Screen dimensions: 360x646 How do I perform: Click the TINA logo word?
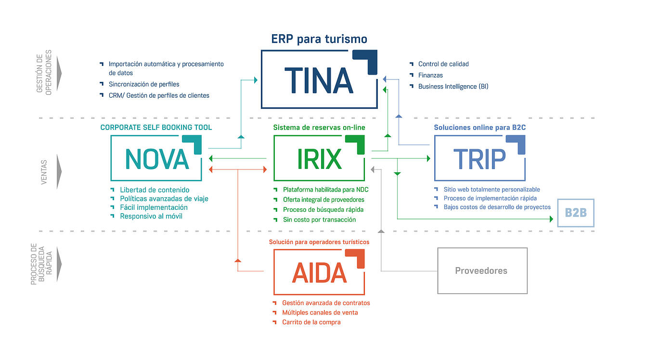(x=319, y=80)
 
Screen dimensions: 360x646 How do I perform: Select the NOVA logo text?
(x=157, y=159)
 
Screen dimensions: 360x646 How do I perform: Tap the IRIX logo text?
(x=319, y=159)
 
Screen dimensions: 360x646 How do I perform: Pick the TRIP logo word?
(x=479, y=159)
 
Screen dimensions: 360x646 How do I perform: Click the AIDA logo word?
(x=319, y=273)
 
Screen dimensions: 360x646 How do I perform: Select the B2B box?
(x=576, y=213)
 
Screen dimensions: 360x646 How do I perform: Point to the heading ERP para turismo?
(x=319, y=39)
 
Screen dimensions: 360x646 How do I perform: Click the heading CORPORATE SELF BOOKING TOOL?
(x=156, y=128)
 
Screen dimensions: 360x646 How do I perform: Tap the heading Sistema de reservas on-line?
(x=319, y=128)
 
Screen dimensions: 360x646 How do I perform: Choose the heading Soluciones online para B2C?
(x=479, y=128)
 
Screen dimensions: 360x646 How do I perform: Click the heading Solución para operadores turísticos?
(x=319, y=242)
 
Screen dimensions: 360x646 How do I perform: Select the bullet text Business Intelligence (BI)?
(x=453, y=87)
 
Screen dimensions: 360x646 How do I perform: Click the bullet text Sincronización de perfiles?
(x=144, y=84)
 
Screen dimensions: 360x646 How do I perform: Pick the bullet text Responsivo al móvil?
(x=151, y=217)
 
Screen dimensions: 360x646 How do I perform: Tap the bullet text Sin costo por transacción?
(x=319, y=219)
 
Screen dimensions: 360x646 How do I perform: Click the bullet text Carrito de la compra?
(x=311, y=322)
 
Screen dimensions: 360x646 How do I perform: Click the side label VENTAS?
(x=44, y=172)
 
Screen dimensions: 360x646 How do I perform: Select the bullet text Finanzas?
(x=430, y=75)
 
